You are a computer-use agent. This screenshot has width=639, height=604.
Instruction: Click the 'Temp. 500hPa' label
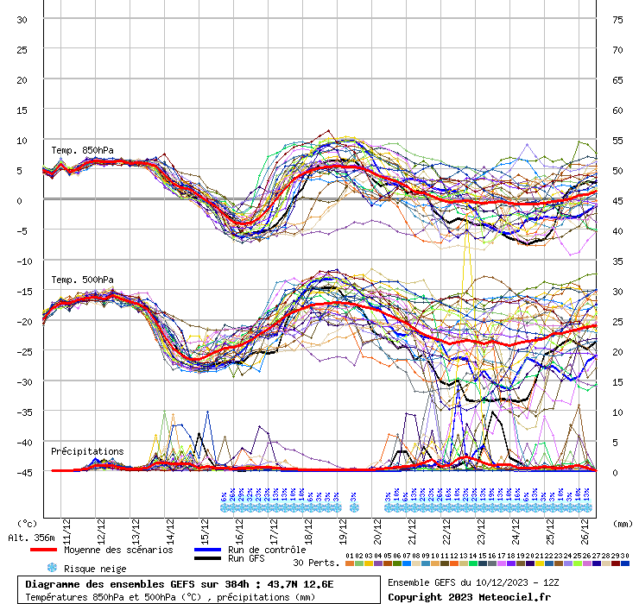click(81, 280)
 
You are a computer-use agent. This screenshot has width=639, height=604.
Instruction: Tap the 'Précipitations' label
click(86, 451)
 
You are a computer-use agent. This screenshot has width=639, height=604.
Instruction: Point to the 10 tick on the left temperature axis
click(22, 140)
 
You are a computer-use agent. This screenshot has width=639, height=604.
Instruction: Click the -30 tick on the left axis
click(22, 381)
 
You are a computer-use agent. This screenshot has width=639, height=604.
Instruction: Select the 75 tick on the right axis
click(617, 20)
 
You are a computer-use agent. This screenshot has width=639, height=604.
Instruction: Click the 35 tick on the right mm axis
click(617, 261)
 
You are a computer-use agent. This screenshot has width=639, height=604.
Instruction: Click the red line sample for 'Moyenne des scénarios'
click(43, 550)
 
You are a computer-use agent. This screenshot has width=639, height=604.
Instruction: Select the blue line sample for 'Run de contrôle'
click(206, 550)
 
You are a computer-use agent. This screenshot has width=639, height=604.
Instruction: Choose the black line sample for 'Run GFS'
click(206, 559)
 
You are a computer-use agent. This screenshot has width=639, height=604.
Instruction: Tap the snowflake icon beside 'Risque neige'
click(51, 568)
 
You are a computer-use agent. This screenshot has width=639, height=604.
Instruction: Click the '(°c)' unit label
click(28, 524)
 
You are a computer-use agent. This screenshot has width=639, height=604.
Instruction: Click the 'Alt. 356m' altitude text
click(31, 538)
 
